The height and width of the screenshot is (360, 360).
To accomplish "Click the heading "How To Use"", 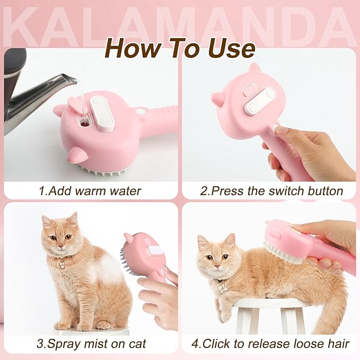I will (180, 48).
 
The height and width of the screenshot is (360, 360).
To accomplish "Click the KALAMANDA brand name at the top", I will (180, 23).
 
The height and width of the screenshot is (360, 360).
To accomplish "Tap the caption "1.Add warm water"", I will (90, 190).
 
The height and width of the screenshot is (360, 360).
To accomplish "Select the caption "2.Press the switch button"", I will (271, 190).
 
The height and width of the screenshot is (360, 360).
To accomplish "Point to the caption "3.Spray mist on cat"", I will (90, 343).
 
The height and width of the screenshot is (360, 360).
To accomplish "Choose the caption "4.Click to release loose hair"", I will (270, 343).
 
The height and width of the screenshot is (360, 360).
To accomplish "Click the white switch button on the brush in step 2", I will (259, 101).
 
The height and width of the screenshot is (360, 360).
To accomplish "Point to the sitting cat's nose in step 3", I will (60, 246).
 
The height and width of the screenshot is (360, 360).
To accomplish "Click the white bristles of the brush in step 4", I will (281, 252).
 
